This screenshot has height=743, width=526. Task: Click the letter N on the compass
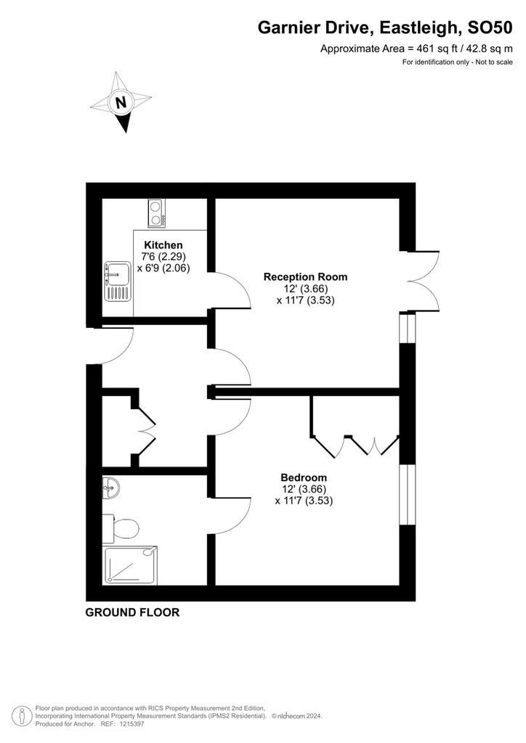[121, 102]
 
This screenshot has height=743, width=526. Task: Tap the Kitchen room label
[163, 245]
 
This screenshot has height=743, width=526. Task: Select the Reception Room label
[305, 276]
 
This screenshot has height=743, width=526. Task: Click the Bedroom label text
[304, 477]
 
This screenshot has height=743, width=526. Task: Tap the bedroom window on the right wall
[408, 501]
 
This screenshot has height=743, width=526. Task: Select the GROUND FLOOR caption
[132, 612]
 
